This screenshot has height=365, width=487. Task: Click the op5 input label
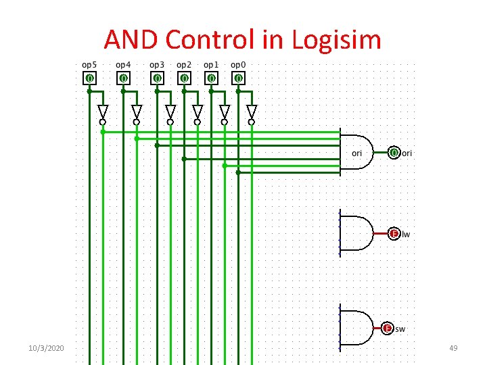click(89, 65)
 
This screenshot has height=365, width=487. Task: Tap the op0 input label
click(238, 65)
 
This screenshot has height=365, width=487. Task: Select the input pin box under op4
click(123, 78)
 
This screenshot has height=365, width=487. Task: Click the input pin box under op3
click(157, 78)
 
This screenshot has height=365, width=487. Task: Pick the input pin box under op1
click(211, 78)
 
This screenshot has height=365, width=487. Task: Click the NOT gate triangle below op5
click(103, 112)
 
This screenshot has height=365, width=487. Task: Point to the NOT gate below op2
click(198, 112)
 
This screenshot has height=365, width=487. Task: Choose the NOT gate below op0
click(252, 112)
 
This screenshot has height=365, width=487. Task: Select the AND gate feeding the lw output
click(356, 234)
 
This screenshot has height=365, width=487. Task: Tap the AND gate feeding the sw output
click(356, 328)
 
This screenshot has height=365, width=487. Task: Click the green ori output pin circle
click(394, 153)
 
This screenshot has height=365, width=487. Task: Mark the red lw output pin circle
click(394, 234)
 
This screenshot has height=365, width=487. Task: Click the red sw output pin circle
click(387, 328)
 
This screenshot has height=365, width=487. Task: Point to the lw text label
click(406, 235)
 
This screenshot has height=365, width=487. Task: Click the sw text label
click(400, 329)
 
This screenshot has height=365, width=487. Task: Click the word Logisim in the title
click(337, 41)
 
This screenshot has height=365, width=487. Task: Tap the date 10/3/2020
click(46, 347)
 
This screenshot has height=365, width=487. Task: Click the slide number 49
click(453, 347)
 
